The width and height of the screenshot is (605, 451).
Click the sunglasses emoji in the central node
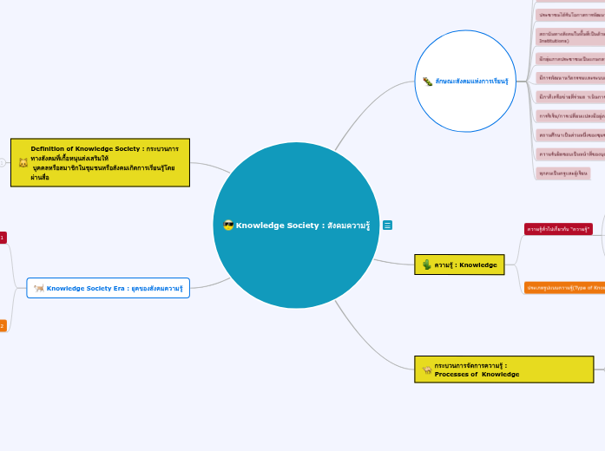click(x=228, y=225)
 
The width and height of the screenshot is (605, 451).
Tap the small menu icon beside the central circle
click(x=387, y=225)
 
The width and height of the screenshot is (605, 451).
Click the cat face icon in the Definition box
click(x=23, y=163)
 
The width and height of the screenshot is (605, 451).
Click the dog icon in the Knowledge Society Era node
click(x=39, y=288)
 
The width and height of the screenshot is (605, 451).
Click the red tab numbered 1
click(x=3, y=238)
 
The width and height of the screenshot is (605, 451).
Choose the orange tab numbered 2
click(x=3, y=326)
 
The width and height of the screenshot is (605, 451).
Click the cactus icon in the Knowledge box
click(x=426, y=265)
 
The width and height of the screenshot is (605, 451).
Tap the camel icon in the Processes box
click(x=426, y=369)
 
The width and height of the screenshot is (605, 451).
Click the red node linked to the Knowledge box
click(x=558, y=229)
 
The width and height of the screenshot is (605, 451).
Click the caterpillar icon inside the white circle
click(x=427, y=82)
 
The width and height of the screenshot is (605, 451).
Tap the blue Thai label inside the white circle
click(x=471, y=82)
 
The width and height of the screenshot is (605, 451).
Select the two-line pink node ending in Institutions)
click(x=570, y=37)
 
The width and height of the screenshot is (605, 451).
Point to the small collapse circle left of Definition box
click(x=3, y=162)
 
